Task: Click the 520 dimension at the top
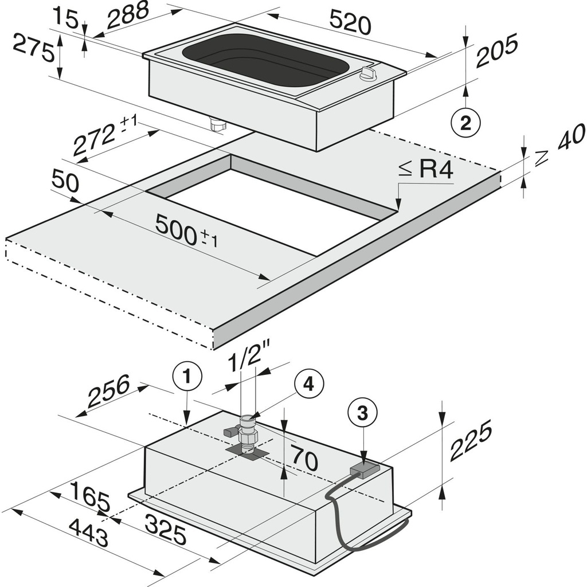pos(350,24)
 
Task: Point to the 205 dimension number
pos(496,50)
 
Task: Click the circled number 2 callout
pos(465,122)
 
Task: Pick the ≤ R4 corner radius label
pos(426,170)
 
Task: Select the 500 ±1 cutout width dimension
pos(187,232)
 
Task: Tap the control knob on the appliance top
pos(367,73)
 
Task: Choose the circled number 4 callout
pos(309,385)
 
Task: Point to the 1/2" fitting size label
pos(246,361)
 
